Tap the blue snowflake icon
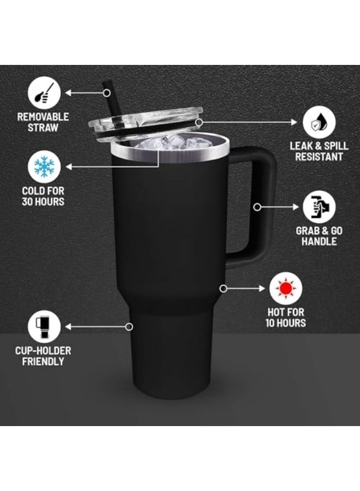(44, 167)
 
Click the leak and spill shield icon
(319, 123)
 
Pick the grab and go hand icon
(319, 207)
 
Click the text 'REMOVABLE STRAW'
(44, 122)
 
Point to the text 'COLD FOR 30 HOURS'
(44, 196)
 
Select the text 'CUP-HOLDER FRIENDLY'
(44, 356)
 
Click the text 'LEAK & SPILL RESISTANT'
(319, 152)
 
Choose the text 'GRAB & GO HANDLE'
(319, 236)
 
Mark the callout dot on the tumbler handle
(256, 207)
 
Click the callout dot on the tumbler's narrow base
(129, 327)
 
